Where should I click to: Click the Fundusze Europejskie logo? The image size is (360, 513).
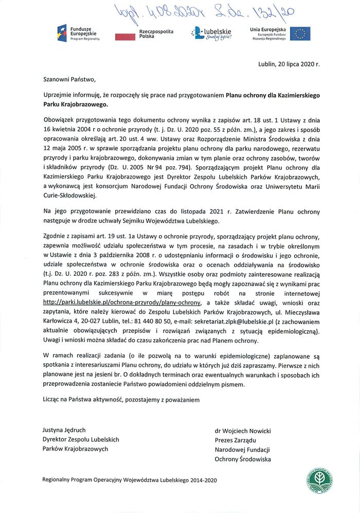78,33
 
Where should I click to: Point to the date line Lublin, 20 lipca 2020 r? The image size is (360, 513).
289,65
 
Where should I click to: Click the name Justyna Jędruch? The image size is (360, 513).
64,431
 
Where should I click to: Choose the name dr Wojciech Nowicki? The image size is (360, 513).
243,431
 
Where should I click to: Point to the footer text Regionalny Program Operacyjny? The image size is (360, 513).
130,480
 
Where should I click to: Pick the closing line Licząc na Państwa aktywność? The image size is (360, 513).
121,399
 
